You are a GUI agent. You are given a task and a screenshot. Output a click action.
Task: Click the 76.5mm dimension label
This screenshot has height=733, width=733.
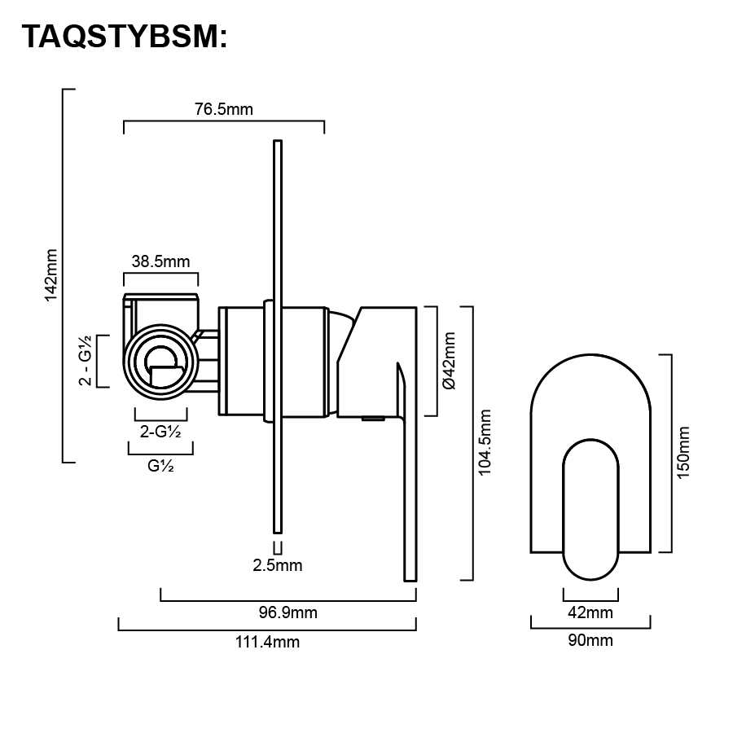223,110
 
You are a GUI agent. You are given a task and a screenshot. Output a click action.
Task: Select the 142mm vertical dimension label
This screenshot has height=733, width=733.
51,275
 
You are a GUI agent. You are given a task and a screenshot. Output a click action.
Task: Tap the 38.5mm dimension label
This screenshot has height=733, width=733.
160,261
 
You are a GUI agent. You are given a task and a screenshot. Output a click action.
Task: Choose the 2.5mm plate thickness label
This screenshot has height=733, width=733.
278,565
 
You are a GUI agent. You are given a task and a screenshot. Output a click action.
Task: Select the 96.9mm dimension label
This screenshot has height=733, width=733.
288,612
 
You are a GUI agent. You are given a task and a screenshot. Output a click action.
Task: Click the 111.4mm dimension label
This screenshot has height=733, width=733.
267,642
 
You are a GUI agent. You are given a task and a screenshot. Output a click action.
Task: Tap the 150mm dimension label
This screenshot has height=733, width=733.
683,453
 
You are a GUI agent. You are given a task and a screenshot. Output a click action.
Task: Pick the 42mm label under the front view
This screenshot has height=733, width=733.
590,612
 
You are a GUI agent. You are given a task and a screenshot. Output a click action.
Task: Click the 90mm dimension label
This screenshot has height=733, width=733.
590,640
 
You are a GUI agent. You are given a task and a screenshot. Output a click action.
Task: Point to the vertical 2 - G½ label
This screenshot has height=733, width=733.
85,361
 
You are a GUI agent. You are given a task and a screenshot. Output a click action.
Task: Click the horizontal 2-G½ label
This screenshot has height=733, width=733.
160,432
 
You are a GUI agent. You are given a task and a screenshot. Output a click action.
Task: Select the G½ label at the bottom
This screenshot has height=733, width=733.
160,467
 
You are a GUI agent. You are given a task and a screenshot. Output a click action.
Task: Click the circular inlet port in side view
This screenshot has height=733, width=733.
160,361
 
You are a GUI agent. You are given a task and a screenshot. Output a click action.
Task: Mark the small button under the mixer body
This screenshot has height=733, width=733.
373,419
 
